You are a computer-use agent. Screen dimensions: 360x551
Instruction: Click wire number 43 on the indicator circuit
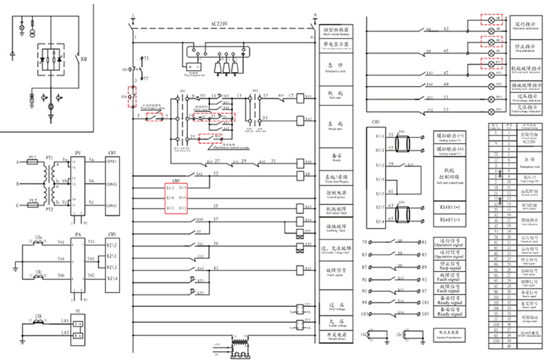(446, 28)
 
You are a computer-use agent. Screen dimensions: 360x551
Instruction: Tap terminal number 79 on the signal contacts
(364, 242)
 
